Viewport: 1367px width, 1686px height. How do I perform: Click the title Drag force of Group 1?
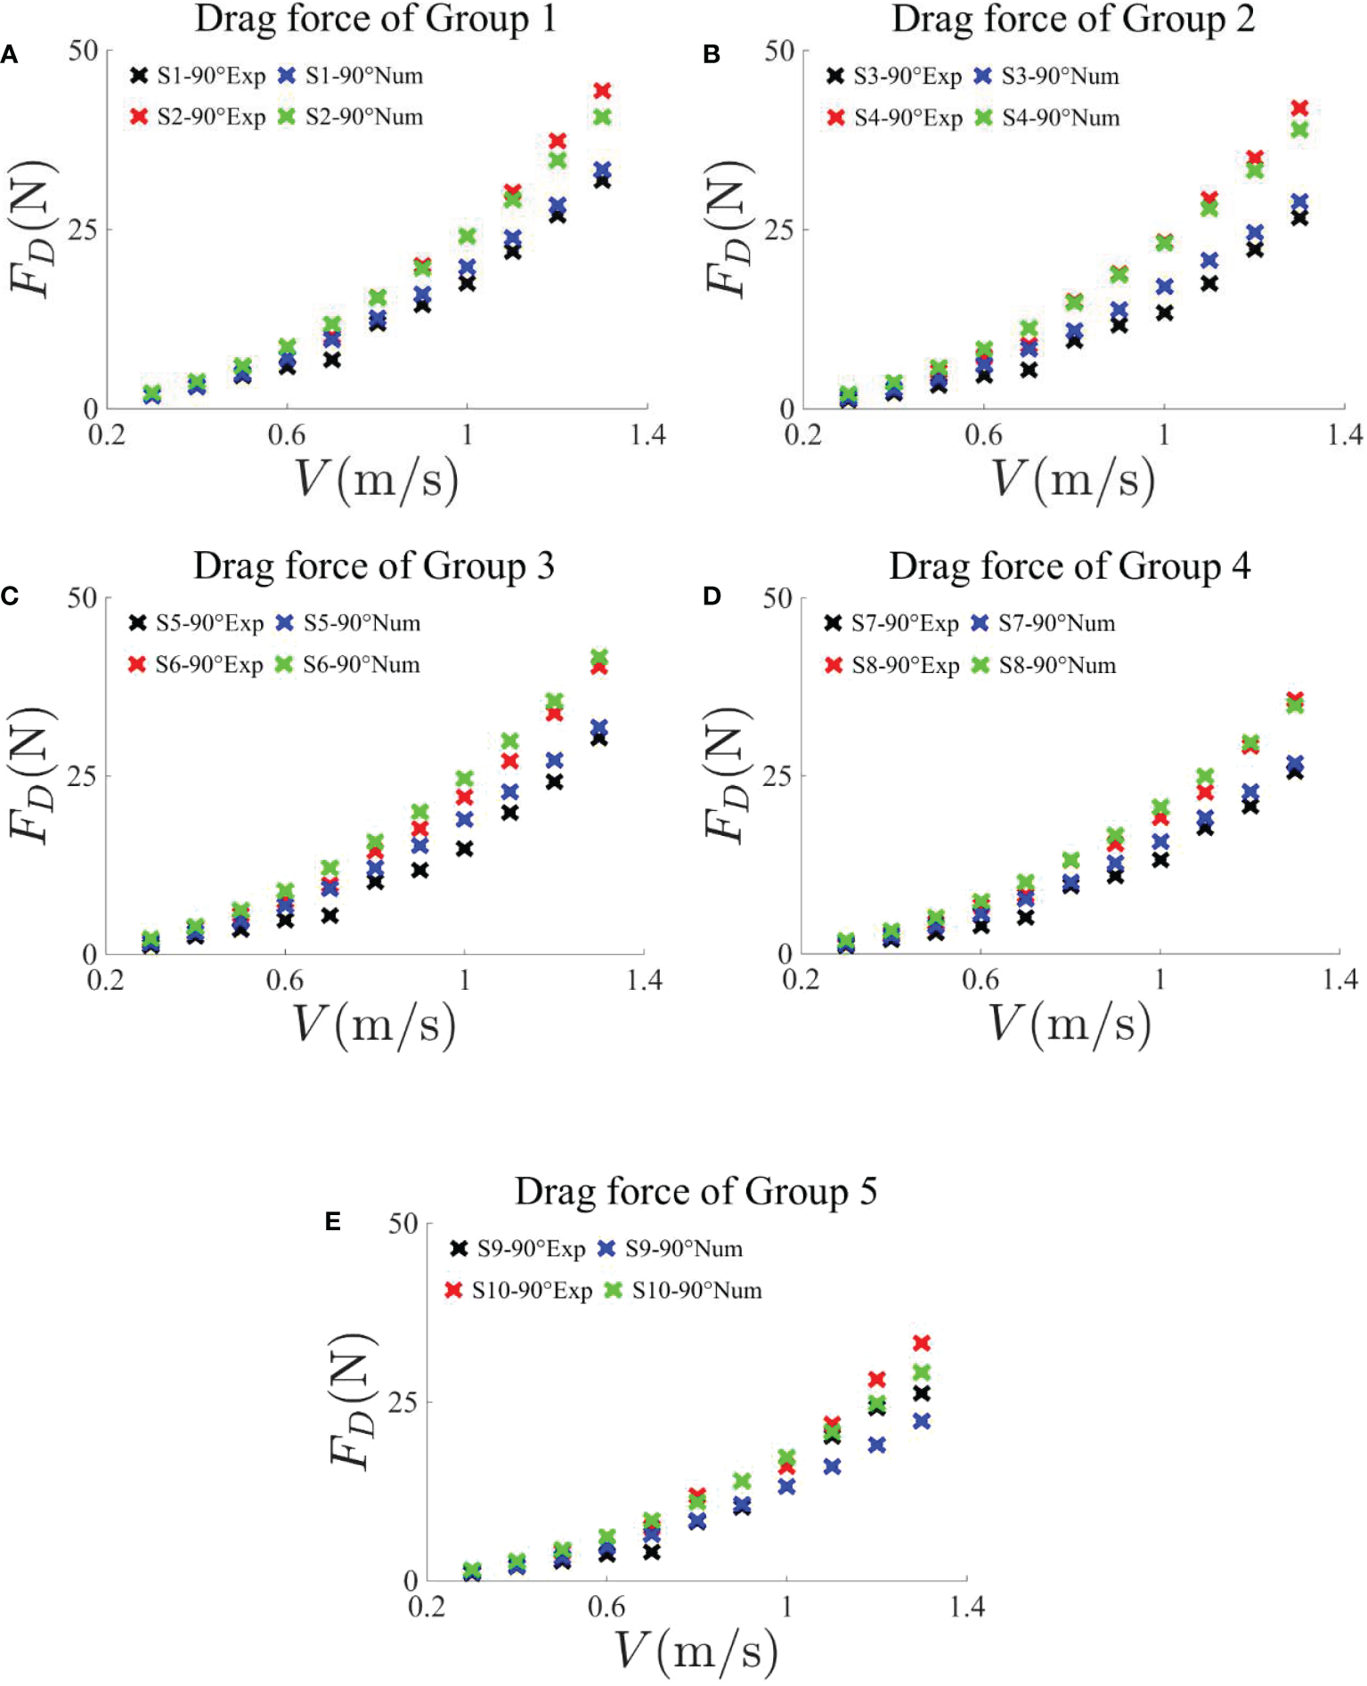(375, 20)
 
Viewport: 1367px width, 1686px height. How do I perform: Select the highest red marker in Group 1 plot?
(602, 91)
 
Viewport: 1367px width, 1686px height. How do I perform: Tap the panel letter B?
(711, 55)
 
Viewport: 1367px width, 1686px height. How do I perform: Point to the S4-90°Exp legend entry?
(894, 118)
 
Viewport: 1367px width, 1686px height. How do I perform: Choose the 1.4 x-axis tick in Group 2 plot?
(1344, 434)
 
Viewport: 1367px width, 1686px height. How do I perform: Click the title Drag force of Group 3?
(374, 566)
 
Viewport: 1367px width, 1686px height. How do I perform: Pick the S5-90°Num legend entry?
(347, 623)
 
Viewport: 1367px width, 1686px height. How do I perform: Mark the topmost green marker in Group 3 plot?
(599, 657)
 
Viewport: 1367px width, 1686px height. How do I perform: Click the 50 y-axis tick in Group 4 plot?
(777, 598)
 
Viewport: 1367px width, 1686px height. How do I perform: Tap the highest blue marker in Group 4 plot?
(1295, 764)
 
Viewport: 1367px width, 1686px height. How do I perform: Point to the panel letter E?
(333, 1221)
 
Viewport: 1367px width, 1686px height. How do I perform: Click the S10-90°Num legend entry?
(683, 1290)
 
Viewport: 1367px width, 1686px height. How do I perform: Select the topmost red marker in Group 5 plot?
(922, 1342)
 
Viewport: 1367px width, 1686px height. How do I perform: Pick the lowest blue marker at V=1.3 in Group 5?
(922, 1422)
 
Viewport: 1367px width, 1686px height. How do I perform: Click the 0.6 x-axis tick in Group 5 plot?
(606, 1607)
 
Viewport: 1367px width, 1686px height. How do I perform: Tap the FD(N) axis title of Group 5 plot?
(351, 1401)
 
